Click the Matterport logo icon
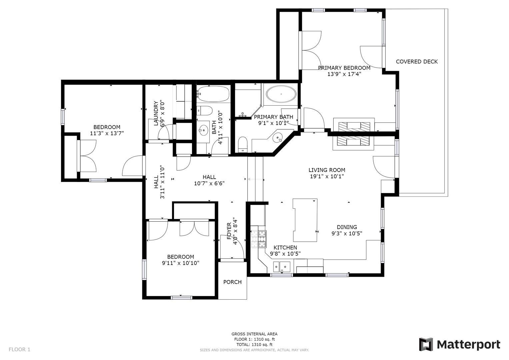pyautogui.click(x=426, y=344)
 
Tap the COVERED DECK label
pyautogui.click(x=417, y=62)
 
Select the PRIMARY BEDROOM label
pyautogui.click(x=344, y=68)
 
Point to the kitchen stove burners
pyautogui.click(x=259, y=239)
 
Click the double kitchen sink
pyautogui.click(x=282, y=267)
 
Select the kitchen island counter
pyautogui.click(x=305, y=220)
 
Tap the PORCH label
pyautogui.click(x=232, y=282)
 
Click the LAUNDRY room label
pyautogui.click(x=156, y=113)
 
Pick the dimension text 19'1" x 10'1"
pyautogui.click(x=327, y=176)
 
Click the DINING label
pyautogui.click(x=347, y=227)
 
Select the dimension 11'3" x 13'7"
pyautogui.click(x=107, y=133)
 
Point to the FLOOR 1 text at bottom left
pyautogui.click(x=19, y=349)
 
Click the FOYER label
pyautogui.click(x=229, y=231)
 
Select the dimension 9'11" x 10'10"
pyautogui.click(x=181, y=263)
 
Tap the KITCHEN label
pyautogui.click(x=285, y=248)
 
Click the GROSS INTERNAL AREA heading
pyautogui.click(x=254, y=334)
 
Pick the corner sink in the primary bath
pyautogui.click(x=277, y=137)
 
